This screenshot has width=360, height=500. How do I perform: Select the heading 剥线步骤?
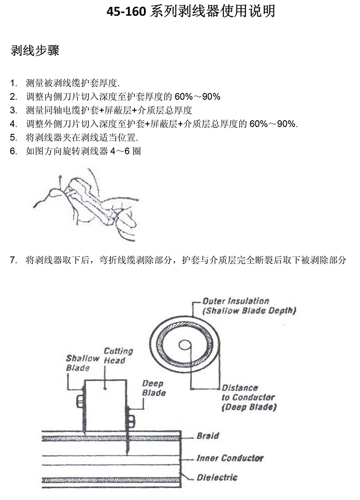tap(35, 51)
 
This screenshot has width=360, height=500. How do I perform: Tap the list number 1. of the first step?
tap(13, 83)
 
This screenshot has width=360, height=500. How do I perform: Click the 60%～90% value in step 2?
tap(198, 97)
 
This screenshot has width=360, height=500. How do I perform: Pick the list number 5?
tap(13, 138)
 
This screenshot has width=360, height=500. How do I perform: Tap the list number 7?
tap(13, 260)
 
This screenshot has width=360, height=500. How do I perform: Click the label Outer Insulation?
tap(236, 301)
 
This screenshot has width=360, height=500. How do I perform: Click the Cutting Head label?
tap(118, 356)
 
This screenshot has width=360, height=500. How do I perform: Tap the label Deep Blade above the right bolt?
tap(153, 388)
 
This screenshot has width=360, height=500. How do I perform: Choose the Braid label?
tap(207, 436)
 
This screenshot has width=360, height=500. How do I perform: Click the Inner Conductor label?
tap(230, 458)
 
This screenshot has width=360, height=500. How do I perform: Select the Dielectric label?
tap(217, 478)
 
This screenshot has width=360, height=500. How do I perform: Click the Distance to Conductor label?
tap(248, 397)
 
